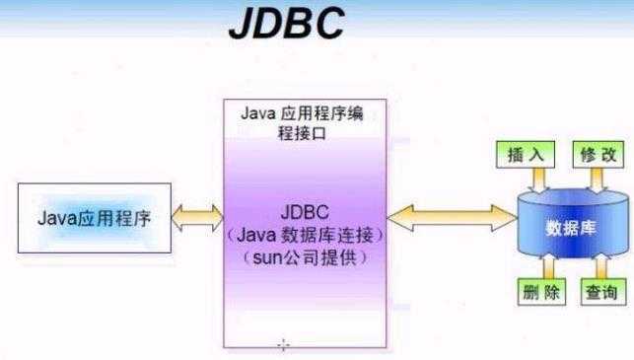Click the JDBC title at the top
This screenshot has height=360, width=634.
tap(285, 26)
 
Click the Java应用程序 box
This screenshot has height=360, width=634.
tap(94, 216)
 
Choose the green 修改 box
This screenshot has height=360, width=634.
tap(598, 155)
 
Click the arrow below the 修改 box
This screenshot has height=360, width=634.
tap(597, 180)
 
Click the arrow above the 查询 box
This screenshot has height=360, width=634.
tap(598, 266)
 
